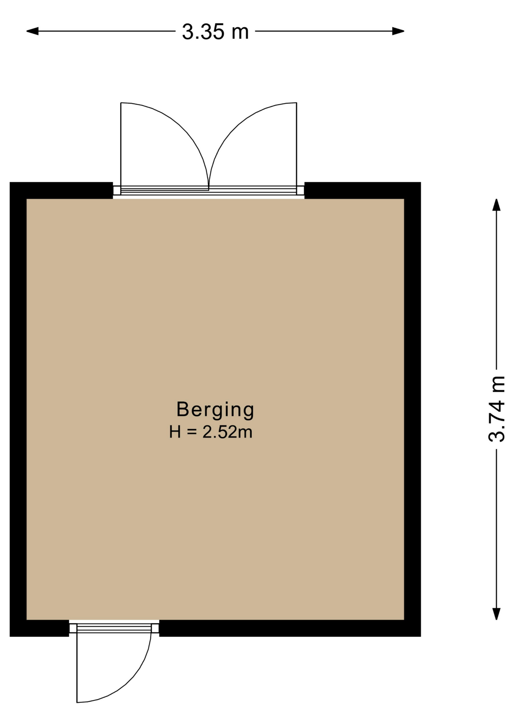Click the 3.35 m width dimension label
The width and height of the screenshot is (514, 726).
215,32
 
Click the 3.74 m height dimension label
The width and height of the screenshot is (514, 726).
497,409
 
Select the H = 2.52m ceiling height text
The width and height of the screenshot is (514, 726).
211,432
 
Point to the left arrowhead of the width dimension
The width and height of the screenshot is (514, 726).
32,31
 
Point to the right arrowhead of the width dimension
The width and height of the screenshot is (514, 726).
398,31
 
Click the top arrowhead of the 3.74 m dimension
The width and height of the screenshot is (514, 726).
496,205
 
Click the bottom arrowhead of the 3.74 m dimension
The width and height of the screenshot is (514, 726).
496,614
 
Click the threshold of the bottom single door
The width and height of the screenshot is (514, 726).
114,628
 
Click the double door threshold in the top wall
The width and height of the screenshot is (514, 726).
209,191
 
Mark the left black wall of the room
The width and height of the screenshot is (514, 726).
18,409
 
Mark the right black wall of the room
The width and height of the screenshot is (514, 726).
413,409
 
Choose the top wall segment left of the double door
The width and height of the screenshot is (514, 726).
61,190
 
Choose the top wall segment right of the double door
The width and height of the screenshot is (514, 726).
363,190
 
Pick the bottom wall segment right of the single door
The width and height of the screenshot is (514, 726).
290,628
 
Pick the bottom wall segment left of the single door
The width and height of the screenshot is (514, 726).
39,628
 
